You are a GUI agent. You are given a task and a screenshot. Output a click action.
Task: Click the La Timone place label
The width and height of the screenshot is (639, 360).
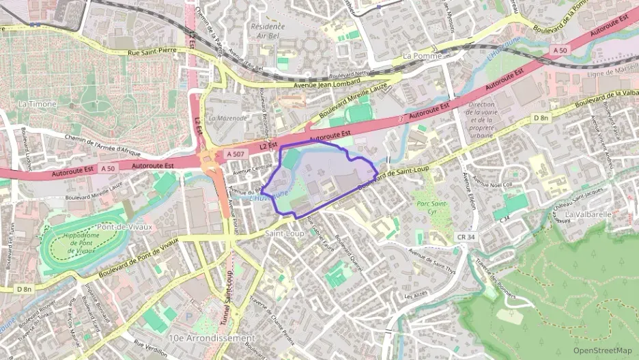(x=33, y=104)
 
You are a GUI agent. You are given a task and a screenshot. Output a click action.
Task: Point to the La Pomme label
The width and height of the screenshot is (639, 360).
(x=423, y=55)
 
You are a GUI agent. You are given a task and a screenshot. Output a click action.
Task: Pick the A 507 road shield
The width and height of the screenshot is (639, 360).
(x=236, y=154)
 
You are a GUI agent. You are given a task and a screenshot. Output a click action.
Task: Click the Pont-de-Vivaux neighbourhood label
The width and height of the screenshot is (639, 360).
(x=125, y=226)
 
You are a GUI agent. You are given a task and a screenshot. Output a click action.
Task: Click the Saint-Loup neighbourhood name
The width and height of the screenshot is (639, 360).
(x=284, y=233)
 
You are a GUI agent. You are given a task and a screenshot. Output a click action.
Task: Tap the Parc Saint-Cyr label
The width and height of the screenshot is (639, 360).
(x=431, y=207)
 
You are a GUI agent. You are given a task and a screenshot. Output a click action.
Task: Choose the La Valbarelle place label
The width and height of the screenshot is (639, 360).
(x=588, y=214)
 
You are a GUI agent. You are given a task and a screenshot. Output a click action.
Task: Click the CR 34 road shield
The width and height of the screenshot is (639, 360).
(x=464, y=236)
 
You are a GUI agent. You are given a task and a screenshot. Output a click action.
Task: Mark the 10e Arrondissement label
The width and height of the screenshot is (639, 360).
(x=203, y=338)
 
